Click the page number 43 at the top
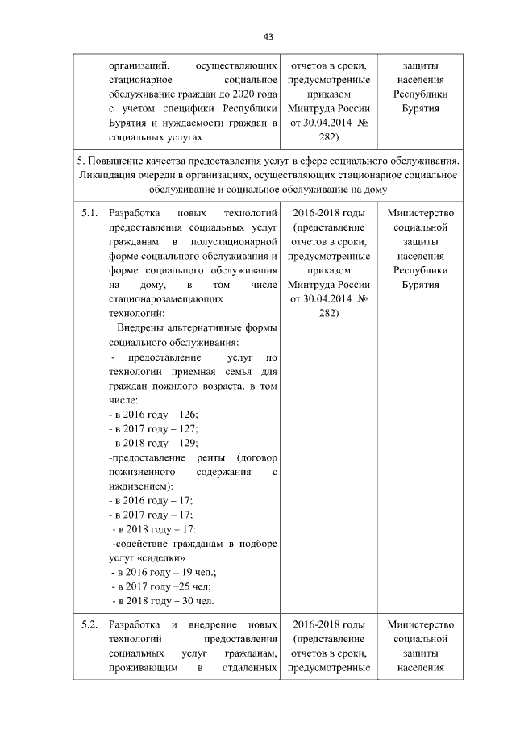click(x=268, y=36)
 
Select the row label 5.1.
click(x=89, y=214)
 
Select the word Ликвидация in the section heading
click(x=110, y=174)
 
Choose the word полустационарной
click(x=235, y=242)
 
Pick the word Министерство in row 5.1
click(x=421, y=214)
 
